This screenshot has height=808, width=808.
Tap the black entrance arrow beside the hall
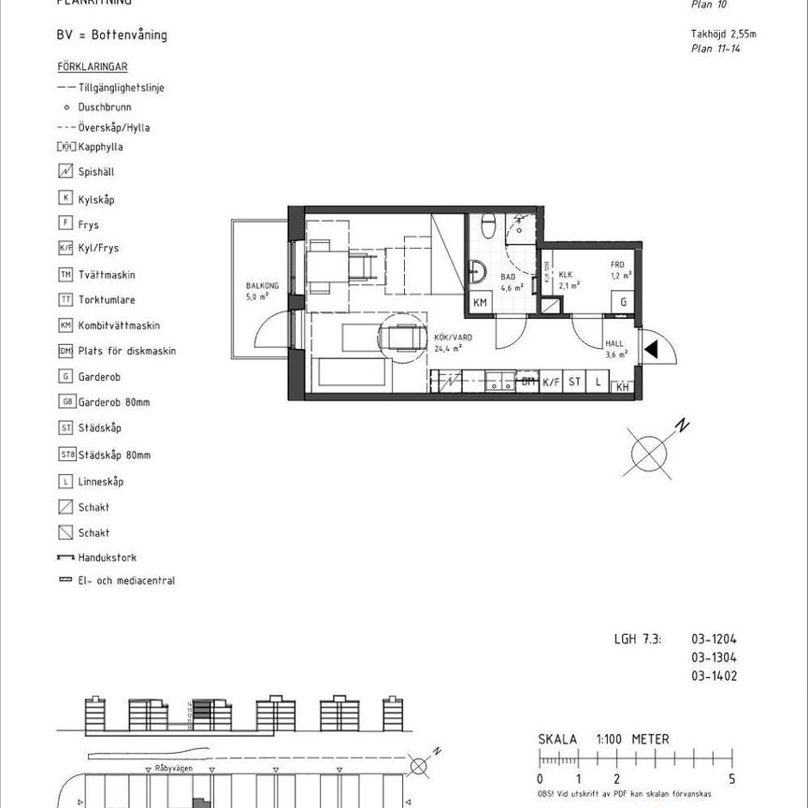coord(653,351)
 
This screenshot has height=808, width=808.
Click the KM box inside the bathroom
coord(480,302)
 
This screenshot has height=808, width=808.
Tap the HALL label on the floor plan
coord(615,344)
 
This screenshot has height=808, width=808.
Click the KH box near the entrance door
coord(621,386)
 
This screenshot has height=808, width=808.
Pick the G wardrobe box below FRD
coord(620,302)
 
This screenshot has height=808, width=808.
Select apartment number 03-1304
coord(714,657)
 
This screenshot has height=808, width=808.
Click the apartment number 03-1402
coord(714,675)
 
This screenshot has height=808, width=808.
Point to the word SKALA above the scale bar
coord(558,739)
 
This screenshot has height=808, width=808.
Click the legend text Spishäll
coord(97,172)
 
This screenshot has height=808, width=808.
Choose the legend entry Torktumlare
coord(108,299)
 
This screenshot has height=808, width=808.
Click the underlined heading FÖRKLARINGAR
coord(93,67)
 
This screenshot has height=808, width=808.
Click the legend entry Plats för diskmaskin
coord(127,351)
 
